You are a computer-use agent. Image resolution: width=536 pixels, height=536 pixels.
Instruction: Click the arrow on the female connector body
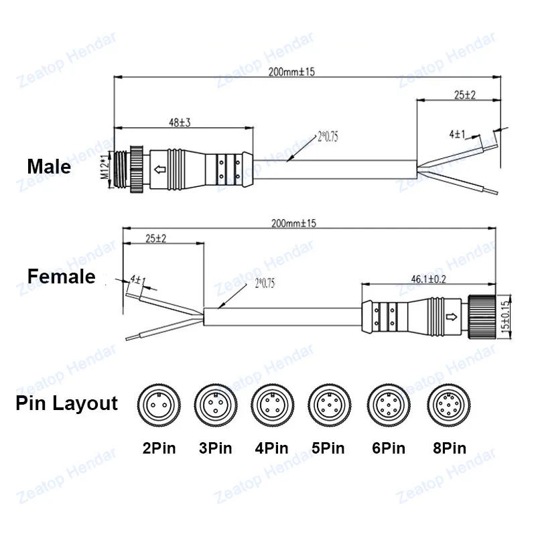451,316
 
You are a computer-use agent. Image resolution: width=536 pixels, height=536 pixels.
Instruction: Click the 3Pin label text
216,448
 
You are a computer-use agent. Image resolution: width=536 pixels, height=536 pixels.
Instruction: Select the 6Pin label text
388,448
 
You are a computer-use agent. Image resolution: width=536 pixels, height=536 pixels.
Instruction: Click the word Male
48,166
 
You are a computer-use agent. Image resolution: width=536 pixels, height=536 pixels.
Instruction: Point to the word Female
61,276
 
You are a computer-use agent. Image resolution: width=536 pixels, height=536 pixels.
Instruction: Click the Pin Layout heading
66,403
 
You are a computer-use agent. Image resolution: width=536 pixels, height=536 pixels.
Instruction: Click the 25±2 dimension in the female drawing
155,239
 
